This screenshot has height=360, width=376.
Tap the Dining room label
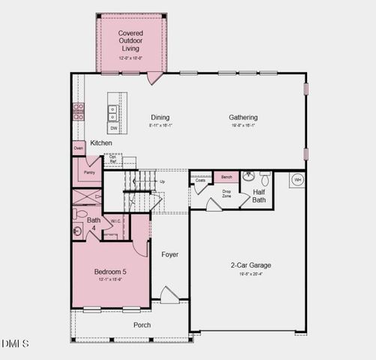coord(160,117)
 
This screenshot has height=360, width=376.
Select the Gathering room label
coord(243,117)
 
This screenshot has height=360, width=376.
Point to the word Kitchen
coord(102,142)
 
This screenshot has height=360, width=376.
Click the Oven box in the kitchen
coord(78,148)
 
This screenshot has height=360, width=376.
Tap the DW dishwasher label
coord(114,128)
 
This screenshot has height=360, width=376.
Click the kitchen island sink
coord(113,112)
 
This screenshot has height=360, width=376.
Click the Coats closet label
coord(200,181)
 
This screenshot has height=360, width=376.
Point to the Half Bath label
coord(259,196)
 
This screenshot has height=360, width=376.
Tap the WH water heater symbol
coord(297,180)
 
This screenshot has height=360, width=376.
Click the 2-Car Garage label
coord(250,265)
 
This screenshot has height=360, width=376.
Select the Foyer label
coord(170,254)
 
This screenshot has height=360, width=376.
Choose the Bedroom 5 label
coord(109,271)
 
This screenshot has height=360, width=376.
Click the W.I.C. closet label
coord(116,220)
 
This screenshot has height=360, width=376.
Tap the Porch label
coord(142,325)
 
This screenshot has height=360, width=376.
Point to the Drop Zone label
coord(226,194)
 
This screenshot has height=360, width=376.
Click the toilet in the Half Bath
coord(248,178)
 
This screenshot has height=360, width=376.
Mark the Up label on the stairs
coord(163,181)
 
